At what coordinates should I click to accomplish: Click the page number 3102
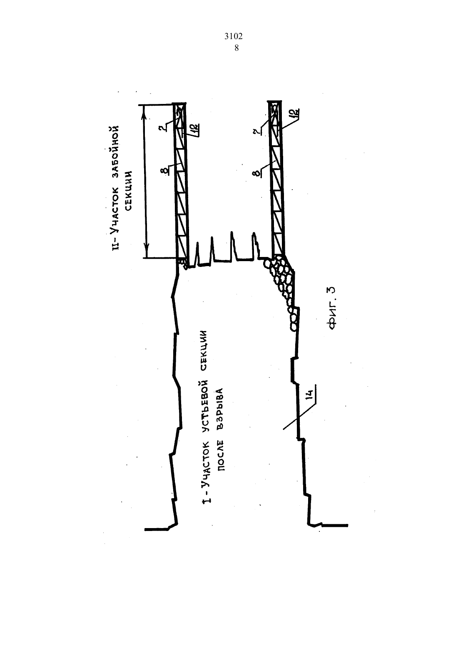(x=233, y=37)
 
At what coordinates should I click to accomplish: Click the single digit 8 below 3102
(x=236, y=48)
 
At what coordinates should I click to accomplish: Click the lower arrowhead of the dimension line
(x=147, y=247)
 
